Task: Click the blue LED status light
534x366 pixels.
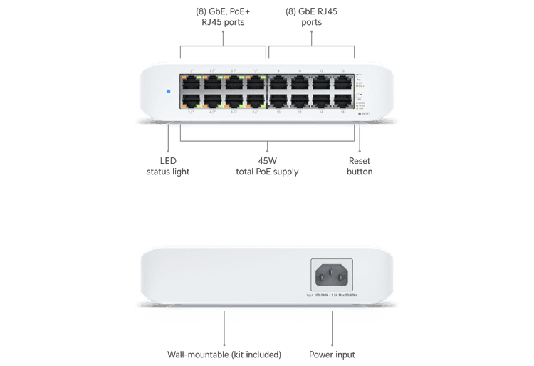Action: click(x=168, y=92)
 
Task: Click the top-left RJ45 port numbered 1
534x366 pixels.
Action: click(x=190, y=82)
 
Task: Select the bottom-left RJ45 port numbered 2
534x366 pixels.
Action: click(x=190, y=100)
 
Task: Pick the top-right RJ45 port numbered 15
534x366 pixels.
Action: click(x=343, y=82)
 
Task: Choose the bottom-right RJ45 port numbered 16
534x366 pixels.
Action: click(x=343, y=100)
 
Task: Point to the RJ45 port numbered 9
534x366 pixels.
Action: click(x=278, y=82)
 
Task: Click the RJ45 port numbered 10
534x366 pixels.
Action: click(x=278, y=100)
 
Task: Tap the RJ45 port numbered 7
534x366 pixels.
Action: click(x=255, y=82)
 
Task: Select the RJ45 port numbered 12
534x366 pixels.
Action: click(x=300, y=100)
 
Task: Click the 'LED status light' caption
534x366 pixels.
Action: click(x=168, y=167)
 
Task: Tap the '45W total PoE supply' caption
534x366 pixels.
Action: click(x=267, y=167)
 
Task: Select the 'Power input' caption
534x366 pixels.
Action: click(x=333, y=354)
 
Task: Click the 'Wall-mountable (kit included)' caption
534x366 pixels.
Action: click(x=224, y=354)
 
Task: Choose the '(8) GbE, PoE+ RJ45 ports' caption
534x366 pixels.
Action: click(x=223, y=16)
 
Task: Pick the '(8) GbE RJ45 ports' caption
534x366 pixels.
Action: click(x=312, y=16)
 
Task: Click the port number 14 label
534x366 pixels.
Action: click(x=321, y=113)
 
